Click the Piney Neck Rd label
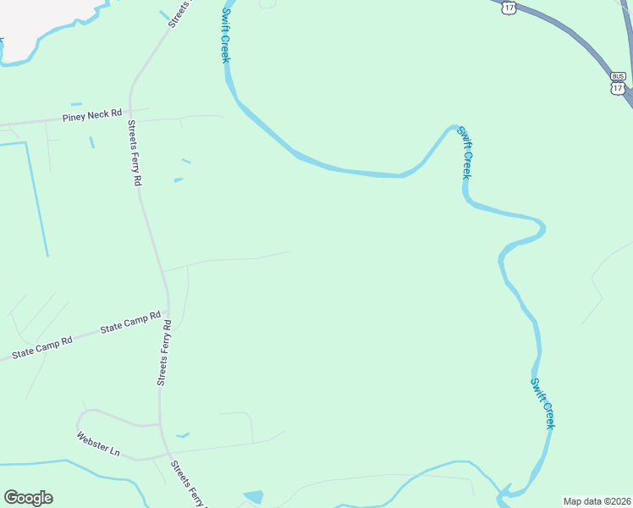92,114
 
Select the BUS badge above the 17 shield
618,75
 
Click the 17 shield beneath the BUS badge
618,87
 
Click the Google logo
28,498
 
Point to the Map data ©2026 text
597,501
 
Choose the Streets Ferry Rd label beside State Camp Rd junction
165,353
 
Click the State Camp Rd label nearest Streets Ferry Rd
130,323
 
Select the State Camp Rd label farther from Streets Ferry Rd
42,346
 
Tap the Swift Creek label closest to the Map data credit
542,403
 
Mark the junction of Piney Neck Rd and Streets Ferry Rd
131,110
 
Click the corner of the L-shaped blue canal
27,143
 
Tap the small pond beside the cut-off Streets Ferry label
253,496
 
